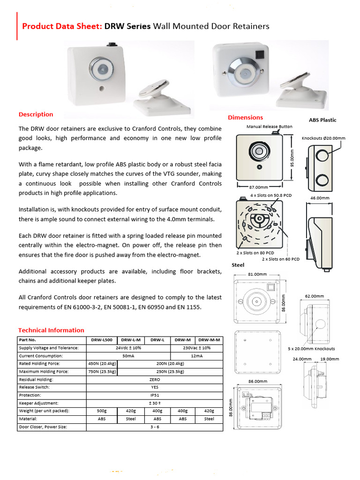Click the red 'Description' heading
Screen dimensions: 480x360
[x=36, y=114]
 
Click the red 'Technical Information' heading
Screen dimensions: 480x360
[x=51, y=330]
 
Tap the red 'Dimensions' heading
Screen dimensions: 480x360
[x=245, y=117]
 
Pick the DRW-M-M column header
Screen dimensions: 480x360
[x=209, y=340]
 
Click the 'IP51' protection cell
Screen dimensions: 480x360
[x=154, y=395]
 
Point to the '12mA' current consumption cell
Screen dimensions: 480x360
[x=197, y=356]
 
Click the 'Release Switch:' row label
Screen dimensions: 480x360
[x=34, y=387]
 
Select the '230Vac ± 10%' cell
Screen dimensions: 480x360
[x=197, y=348]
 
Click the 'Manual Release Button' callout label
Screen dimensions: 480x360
[x=269, y=127]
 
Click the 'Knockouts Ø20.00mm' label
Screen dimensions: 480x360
[x=323, y=138]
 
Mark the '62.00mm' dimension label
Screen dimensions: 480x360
[x=315, y=296]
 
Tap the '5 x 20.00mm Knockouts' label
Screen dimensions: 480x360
[x=311, y=349]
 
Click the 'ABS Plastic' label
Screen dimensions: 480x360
[x=322, y=120]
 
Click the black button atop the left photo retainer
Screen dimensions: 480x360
[x=112, y=45]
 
